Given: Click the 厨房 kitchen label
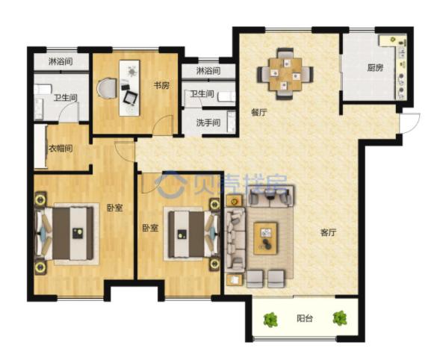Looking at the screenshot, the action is pyautogui.click(x=375, y=68).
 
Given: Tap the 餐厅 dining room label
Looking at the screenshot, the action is pyautogui.click(x=259, y=113).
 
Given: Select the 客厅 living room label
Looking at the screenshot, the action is pyautogui.click(x=328, y=232).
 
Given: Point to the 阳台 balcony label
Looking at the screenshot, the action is pyautogui.click(x=304, y=318).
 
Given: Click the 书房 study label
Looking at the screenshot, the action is pyautogui.click(x=161, y=85).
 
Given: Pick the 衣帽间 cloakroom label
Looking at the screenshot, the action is pyautogui.click(x=61, y=148).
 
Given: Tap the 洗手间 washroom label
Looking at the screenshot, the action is pyautogui.click(x=208, y=122).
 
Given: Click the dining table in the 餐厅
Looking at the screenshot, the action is pyautogui.click(x=285, y=74).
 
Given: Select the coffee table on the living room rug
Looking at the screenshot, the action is pyautogui.click(x=266, y=238).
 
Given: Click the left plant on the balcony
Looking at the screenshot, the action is pyautogui.click(x=270, y=320).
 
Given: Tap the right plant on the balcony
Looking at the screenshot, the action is pyautogui.click(x=340, y=318).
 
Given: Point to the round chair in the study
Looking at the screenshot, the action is pyautogui.click(x=107, y=88).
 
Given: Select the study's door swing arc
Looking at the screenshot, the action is pyautogui.click(x=163, y=122).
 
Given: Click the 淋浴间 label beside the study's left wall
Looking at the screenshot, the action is pyautogui.click(x=61, y=61).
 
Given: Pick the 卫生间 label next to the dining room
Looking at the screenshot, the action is pyautogui.click(x=202, y=93).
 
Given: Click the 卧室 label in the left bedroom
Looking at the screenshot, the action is pyautogui.click(x=115, y=208).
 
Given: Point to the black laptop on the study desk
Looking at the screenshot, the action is pyautogui.click(x=131, y=97).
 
